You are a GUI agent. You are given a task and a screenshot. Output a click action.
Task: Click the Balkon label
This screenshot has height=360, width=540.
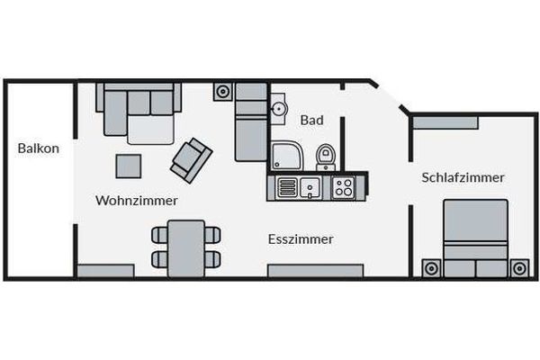tap(38, 148)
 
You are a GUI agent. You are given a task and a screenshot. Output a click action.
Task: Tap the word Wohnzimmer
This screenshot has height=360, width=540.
tap(137, 201)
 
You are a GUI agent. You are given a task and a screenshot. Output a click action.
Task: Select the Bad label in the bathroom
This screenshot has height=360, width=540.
tap(312, 121)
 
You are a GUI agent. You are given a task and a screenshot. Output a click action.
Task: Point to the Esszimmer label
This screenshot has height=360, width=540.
tap(301, 239)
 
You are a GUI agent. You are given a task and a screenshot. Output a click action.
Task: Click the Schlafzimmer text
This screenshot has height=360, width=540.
tap(463, 178)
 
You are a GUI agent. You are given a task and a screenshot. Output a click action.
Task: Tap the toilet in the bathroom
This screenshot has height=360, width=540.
tap(326, 157)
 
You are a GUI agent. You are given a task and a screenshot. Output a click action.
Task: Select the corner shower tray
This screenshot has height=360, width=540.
tap(287, 156)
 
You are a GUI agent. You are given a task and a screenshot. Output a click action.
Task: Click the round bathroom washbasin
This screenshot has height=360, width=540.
tap(278, 109)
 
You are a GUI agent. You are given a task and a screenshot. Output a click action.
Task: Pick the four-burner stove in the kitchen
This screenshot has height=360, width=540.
tap(344, 187)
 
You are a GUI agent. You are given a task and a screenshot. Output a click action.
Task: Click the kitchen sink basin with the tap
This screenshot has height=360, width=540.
tap(310, 188)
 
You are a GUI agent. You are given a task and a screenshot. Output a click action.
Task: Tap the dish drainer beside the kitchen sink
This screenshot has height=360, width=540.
tap(287, 188)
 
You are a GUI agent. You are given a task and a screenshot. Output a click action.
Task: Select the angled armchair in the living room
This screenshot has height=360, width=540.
tap(191, 160)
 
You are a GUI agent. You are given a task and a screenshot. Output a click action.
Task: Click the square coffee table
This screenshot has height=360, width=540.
tap(129, 166)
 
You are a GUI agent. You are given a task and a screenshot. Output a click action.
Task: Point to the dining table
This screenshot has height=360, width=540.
tap(186, 248)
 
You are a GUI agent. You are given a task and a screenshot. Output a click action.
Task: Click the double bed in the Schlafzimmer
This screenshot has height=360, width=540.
tap(475, 238)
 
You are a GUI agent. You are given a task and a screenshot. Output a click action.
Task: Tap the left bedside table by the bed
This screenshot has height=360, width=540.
tap(431, 268)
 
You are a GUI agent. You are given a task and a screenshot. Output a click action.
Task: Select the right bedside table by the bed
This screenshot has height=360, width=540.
tap(519, 268)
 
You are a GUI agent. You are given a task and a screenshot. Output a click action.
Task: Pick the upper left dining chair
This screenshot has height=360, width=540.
tap(160, 235)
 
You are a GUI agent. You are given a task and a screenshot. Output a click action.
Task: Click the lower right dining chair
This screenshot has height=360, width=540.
tap(212, 259)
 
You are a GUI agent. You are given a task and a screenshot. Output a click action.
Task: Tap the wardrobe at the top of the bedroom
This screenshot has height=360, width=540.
tap(445, 122)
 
